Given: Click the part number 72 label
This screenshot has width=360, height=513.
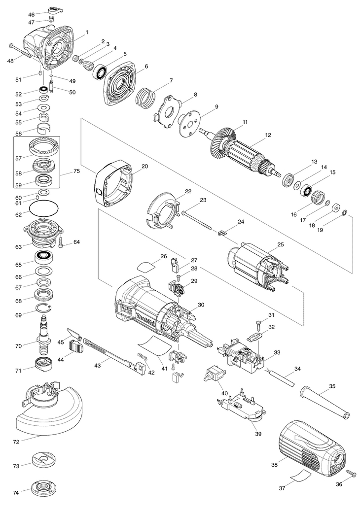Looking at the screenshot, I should [16, 442].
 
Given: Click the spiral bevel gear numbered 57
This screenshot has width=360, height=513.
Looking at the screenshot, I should [44, 148].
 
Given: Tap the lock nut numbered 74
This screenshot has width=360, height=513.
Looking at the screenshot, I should [45, 488].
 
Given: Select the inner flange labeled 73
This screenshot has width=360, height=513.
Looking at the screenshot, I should [45, 462].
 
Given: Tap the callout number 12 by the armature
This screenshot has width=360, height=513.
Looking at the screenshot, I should [268, 135].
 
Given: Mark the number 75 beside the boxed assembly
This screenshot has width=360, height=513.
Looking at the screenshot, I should [76, 171].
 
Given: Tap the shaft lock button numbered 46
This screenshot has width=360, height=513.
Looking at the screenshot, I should [56, 8].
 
